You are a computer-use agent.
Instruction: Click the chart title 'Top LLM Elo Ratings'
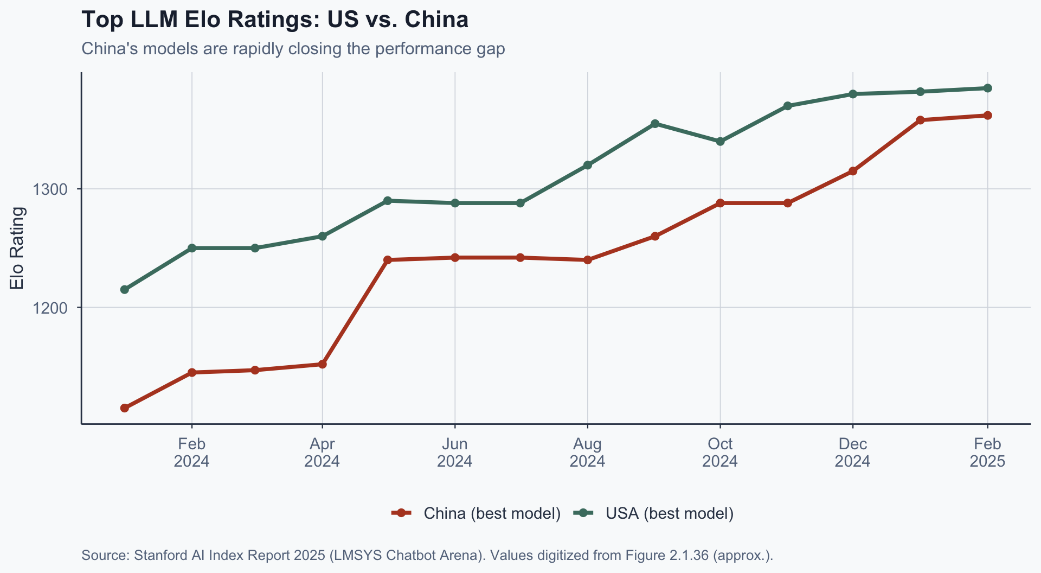274,20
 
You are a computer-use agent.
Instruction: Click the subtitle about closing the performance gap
293,49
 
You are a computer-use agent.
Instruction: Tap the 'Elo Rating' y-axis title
17,248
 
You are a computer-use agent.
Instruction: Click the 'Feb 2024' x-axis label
191,453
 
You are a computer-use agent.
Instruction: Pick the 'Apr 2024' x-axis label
322,453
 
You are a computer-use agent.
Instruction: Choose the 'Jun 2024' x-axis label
454,453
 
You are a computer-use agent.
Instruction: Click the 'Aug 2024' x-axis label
587,453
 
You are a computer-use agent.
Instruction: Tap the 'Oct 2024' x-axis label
719,453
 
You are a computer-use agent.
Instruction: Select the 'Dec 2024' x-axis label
852,453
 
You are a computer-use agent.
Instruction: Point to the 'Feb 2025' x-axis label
987,453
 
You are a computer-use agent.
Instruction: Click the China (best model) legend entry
476,513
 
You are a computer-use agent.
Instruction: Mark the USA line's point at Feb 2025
987,88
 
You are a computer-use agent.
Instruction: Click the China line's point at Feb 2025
987,115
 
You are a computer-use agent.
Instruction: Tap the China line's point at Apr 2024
322,364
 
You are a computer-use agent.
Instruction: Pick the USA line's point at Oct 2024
720,142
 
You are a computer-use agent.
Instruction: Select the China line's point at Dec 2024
852,171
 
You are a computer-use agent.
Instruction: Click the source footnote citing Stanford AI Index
427,555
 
